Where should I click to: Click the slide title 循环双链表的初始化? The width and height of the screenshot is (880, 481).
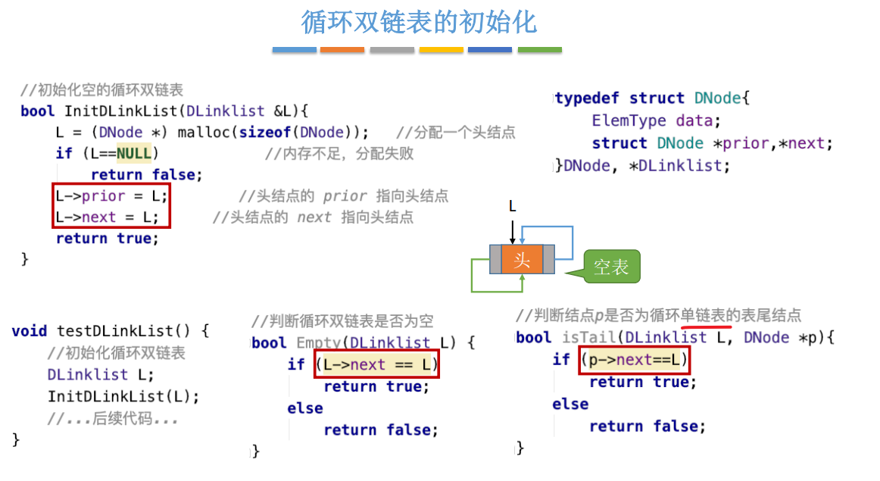pyautogui.click(x=419, y=22)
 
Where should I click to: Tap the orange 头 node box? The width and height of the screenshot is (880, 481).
pyautogui.click(x=522, y=260)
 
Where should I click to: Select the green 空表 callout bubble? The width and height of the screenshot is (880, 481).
pyautogui.click(x=611, y=267)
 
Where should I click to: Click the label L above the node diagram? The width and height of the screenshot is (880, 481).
pyautogui.click(x=513, y=206)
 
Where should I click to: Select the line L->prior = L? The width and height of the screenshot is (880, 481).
pyautogui.click(x=111, y=196)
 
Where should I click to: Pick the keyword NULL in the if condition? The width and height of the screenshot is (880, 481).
pyautogui.click(x=134, y=154)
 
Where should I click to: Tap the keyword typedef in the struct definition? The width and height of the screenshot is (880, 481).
pyautogui.click(x=587, y=98)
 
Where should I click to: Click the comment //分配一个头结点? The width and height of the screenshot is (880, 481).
pyautogui.click(x=455, y=133)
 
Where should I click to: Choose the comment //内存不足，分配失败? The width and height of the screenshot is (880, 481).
pyautogui.click(x=339, y=154)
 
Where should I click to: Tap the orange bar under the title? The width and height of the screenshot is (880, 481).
pyautogui.click(x=342, y=50)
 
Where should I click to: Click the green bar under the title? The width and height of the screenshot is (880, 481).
pyautogui.click(x=539, y=50)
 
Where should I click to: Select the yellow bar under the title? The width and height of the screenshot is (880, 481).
pyautogui.click(x=441, y=50)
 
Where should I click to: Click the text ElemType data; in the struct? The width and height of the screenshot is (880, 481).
pyautogui.click(x=652, y=120)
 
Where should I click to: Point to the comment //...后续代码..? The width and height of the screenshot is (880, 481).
pyautogui.click(x=112, y=418)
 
